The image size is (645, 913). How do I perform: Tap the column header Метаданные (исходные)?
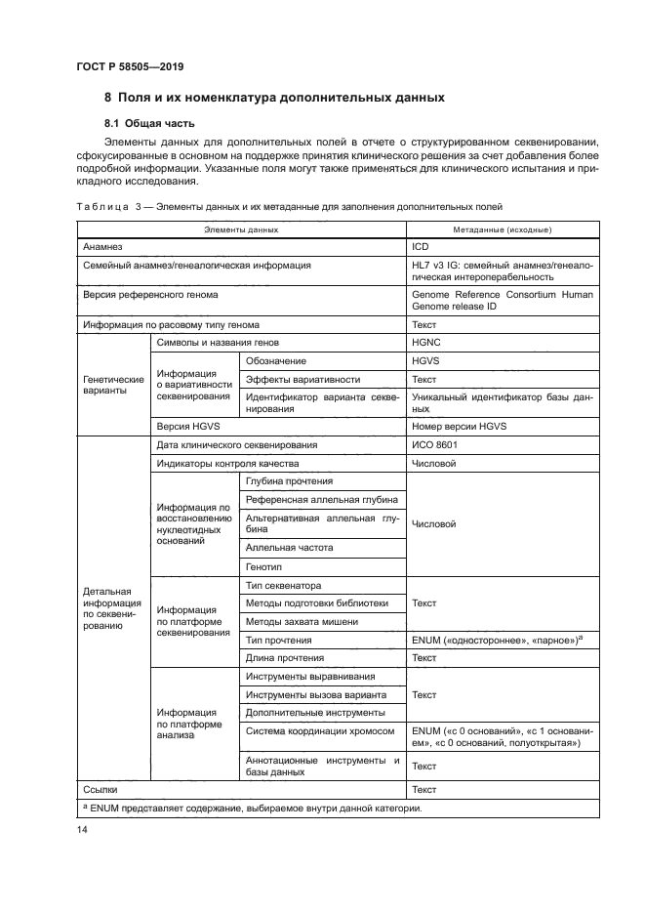(503, 229)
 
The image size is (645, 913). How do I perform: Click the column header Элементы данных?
(241, 229)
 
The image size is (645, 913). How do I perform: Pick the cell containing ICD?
(421, 248)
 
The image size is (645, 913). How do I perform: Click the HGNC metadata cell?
(427, 343)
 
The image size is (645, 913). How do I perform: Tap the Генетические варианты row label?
(113, 385)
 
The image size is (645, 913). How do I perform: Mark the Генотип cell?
(264, 566)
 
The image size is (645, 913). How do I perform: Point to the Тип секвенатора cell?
(284, 585)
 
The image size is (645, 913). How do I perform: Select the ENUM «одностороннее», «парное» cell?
(498, 640)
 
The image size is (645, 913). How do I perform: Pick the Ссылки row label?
(101, 789)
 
